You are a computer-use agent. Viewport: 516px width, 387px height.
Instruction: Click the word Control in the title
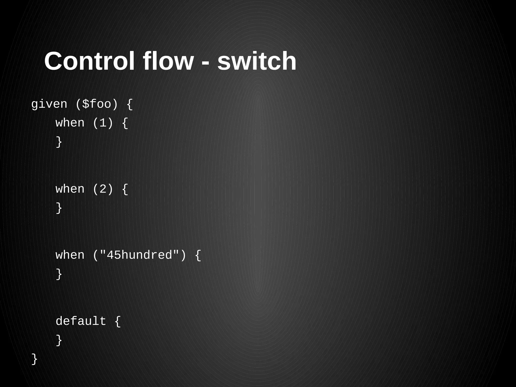coord(89,61)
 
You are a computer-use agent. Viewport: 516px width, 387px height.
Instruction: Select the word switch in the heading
coord(257,61)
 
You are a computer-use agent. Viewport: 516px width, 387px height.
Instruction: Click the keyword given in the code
coord(49,104)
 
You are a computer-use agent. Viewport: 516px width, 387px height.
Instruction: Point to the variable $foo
coord(97,104)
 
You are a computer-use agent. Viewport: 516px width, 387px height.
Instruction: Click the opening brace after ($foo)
coord(130,104)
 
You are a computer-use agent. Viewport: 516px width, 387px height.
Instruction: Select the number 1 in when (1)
coord(103,123)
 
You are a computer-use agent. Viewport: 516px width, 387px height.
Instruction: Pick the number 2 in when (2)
coord(103,189)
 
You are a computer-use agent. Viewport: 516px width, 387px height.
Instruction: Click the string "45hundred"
coord(139,255)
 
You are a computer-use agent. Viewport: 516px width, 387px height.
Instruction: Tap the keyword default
coord(81,321)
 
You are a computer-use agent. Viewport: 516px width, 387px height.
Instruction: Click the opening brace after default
coord(118,321)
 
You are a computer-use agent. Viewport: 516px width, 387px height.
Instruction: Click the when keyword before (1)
coord(70,123)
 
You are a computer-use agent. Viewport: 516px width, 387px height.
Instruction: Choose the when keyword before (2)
coord(70,189)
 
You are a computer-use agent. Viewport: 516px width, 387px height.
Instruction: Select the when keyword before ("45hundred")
coord(70,255)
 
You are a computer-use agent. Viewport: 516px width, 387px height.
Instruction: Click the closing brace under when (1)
coord(59,142)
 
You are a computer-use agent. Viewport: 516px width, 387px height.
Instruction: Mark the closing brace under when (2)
coord(59,208)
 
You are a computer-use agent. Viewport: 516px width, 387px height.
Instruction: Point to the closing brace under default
coord(59,340)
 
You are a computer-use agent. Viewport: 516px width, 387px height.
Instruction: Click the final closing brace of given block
coord(35,359)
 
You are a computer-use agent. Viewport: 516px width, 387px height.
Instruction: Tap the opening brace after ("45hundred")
coord(198,255)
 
